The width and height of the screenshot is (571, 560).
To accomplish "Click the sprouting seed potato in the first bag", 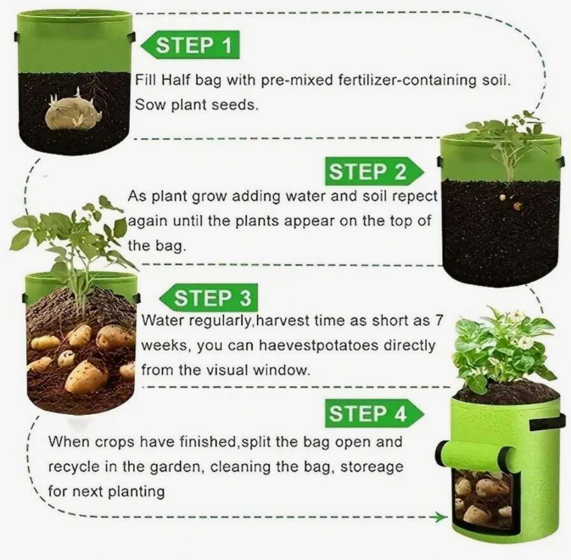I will [x=71, y=113].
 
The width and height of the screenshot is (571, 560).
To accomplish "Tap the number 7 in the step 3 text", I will [x=438, y=322].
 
